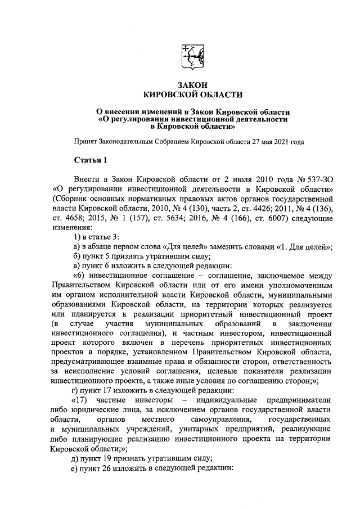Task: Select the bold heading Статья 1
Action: (90, 160)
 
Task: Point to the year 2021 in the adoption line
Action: (280, 142)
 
